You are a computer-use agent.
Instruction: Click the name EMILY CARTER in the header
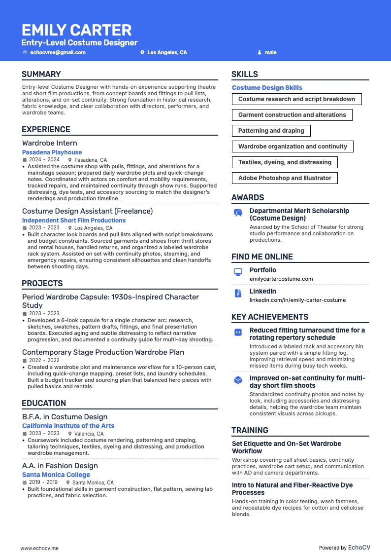[x=77, y=30]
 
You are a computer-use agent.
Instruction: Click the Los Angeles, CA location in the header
[x=167, y=52]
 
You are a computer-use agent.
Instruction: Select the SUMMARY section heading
[x=41, y=74]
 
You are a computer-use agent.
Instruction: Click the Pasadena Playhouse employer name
[x=52, y=152]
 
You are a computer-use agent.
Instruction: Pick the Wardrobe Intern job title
[x=50, y=143]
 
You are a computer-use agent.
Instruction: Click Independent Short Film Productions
[x=74, y=221]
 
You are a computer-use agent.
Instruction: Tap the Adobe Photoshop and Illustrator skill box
[x=285, y=178]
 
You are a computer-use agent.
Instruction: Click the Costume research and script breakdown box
[x=296, y=99]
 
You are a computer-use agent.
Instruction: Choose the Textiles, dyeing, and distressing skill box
[x=285, y=162]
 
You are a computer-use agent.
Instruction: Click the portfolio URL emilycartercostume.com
[x=281, y=279]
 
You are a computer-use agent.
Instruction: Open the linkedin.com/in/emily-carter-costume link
[x=297, y=300]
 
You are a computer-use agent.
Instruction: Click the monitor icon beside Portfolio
[x=238, y=272]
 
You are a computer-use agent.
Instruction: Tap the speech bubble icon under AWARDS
[x=238, y=213]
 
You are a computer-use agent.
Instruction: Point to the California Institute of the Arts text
[x=68, y=426]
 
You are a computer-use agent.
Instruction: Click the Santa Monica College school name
[x=56, y=475]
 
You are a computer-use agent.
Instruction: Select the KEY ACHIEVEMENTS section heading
[x=270, y=317]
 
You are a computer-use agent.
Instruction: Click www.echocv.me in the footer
[x=39, y=548]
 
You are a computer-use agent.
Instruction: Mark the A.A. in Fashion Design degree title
[x=60, y=466]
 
